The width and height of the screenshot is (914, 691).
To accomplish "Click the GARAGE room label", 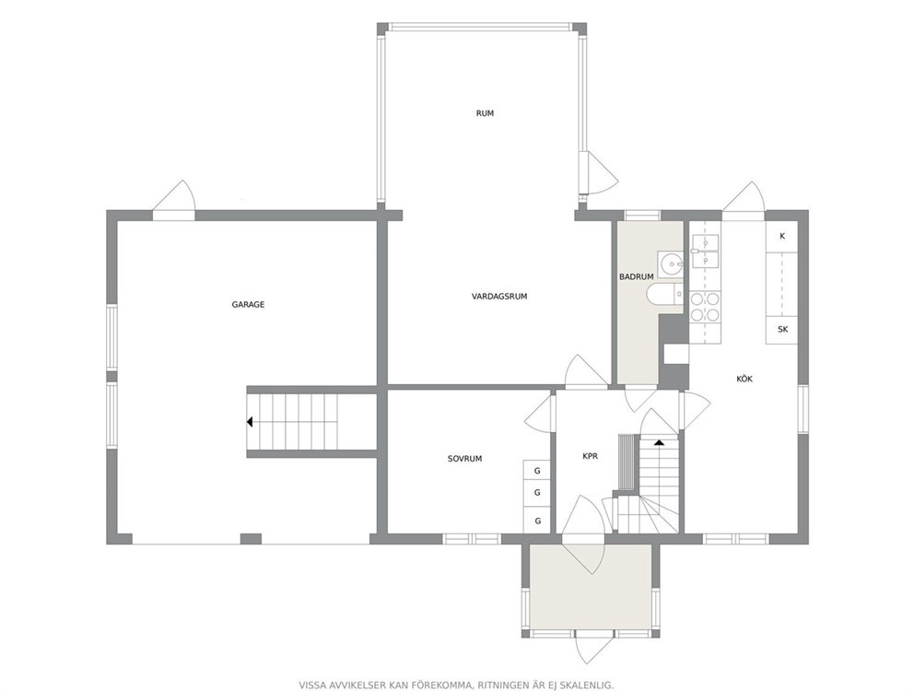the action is pyautogui.click(x=248, y=304).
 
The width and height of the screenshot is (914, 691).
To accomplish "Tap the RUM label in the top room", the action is pyautogui.click(x=485, y=113).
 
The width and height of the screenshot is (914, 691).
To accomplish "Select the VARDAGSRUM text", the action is pyautogui.click(x=499, y=297).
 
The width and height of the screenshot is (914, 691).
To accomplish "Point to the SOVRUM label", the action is pyautogui.click(x=464, y=459).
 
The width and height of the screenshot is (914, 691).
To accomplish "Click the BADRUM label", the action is pyautogui.click(x=636, y=277).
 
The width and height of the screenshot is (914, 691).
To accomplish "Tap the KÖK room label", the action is pyautogui.click(x=744, y=379).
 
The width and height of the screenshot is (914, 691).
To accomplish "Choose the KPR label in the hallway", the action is pyautogui.click(x=590, y=457).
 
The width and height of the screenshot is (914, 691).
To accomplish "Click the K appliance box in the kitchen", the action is pyautogui.click(x=781, y=236).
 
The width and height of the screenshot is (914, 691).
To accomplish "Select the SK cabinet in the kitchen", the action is pyautogui.click(x=781, y=330).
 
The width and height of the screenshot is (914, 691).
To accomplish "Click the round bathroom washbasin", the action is pyautogui.click(x=672, y=264).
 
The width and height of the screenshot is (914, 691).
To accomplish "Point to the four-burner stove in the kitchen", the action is pyautogui.click(x=704, y=307).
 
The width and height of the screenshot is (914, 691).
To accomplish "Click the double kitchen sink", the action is pyautogui.click(x=705, y=251).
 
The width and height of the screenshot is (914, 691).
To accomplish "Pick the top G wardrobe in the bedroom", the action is pyautogui.click(x=537, y=471).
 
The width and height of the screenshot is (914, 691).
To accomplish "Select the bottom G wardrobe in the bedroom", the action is pyautogui.click(x=537, y=521).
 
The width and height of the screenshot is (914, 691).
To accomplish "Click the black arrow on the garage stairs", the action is pyautogui.click(x=250, y=422).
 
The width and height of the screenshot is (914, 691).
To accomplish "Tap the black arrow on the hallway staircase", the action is pyautogui.click(x=660, y=442).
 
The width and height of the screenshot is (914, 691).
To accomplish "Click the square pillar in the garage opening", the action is pyautogui.click(x=251, y=539).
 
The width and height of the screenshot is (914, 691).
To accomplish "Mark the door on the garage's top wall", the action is pyautogui.click(x=174, y=201).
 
